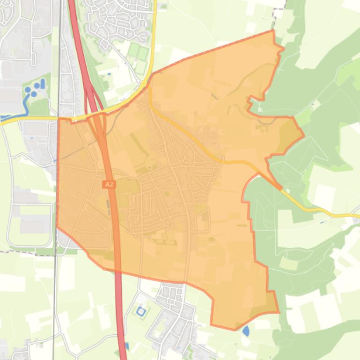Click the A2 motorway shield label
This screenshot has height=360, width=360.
click(x=109, y=185)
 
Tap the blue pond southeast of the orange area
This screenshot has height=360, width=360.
click(x=246, y=331)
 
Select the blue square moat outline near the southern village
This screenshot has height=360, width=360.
click(x=141, y=310)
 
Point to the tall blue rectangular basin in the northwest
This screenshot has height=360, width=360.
click(x=43, y=84)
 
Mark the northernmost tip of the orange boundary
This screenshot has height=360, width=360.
click(x=273, y=30)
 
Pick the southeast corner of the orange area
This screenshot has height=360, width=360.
click(x=279, y=312)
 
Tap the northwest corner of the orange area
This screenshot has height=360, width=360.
click(x=59, y=118)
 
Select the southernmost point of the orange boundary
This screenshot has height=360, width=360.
click(x=234, y=330)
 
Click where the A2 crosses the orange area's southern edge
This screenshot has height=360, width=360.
click(x=117, y=272)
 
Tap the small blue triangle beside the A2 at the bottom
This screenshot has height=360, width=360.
click(x=127, y=346)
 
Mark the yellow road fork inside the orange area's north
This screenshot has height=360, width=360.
click(x=151, y=107)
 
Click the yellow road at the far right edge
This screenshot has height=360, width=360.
click(x=353, y=216)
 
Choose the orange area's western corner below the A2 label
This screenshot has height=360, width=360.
click(x=57, y=227)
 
